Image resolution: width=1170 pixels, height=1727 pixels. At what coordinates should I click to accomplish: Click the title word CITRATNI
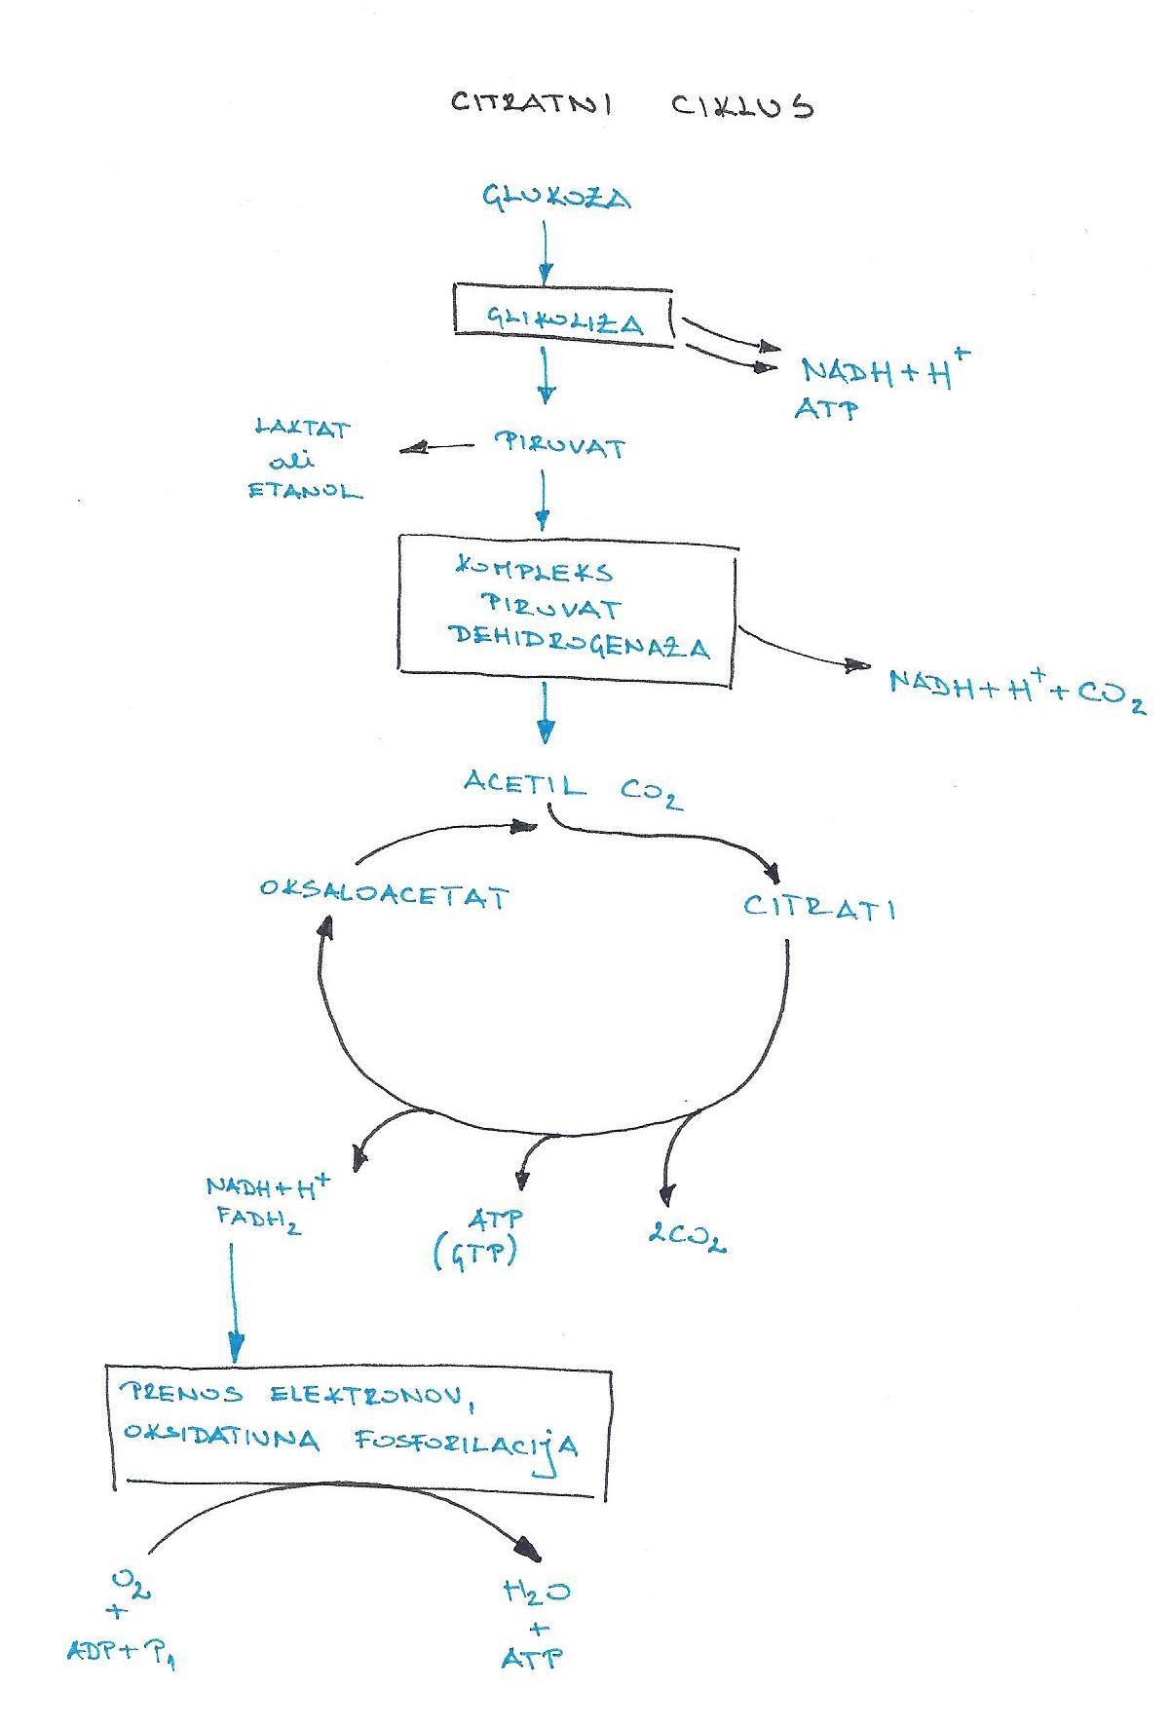tap(532, 103)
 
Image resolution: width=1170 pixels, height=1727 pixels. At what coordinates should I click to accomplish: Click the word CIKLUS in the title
tap(742, 105)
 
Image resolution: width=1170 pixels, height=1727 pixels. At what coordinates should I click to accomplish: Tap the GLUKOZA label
tap(557, 198)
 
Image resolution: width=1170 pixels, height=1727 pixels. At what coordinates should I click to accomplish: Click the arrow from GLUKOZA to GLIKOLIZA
tap(546, 250)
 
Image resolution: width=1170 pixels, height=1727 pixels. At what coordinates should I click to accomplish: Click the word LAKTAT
tap(303, 428)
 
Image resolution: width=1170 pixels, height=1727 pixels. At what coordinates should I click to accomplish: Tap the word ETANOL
tap(305, 490)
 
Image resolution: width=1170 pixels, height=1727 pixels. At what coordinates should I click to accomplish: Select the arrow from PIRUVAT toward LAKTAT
tap(437, 448)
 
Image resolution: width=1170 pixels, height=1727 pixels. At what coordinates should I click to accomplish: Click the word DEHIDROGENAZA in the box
tap(580, 644)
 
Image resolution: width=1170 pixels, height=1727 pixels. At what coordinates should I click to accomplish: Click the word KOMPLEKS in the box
tap(535, 569)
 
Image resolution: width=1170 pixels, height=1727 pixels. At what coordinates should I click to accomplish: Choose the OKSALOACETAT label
tap(384, 894)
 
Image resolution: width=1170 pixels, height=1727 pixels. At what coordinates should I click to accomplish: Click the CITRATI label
tap(819, 907)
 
